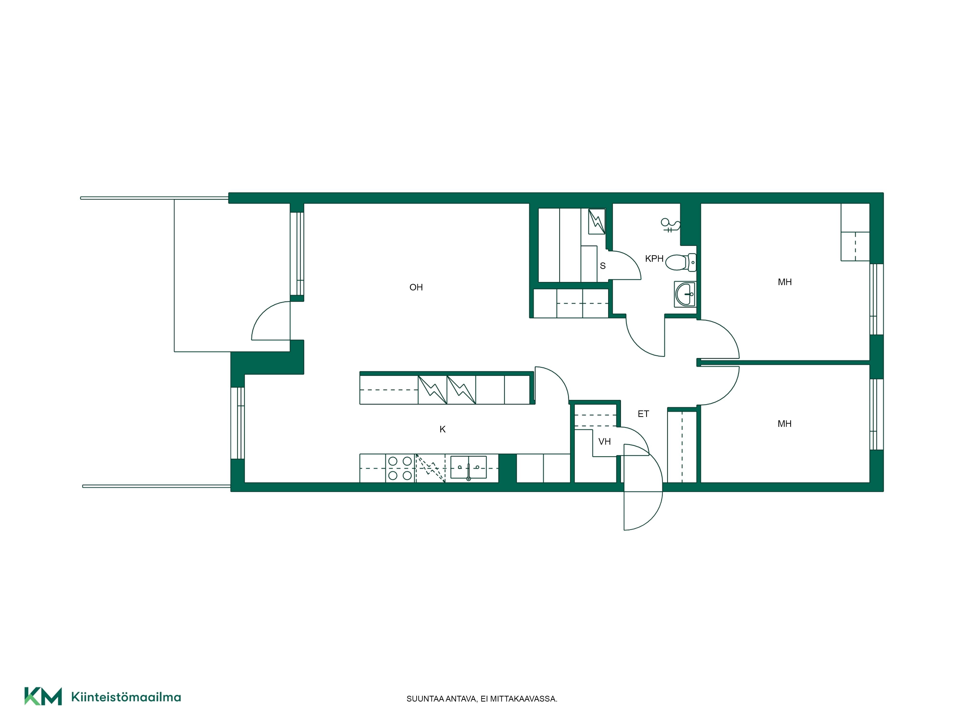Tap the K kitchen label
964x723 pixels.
coord(442,429)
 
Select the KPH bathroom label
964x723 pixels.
coord(654,258)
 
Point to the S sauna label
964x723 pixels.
coord(603,266)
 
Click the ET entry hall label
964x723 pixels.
coord(643,414)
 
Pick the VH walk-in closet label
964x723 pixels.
coord(604,442)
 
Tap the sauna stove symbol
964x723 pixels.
coord(597,221)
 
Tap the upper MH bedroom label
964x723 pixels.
coord(784,282)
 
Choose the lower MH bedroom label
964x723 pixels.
coord(784,424)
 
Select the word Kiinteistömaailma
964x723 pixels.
coord(126,697)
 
